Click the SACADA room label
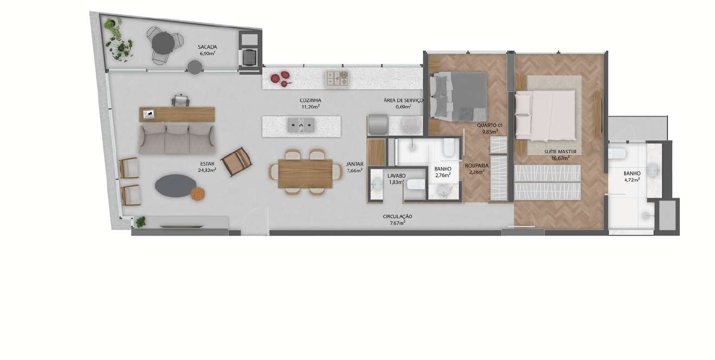[x=207, y=47]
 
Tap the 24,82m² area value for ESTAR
[x=207, y=170]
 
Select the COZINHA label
[x=310, y=101]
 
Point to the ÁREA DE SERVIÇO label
[x=403, y=101]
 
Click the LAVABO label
[x=396, y=176]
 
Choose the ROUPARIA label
[x=477, y=166]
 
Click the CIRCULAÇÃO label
[x=398, y=217]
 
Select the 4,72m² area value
[x=632, y=180]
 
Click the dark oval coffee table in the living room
[x=175, y=186]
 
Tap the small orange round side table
[x=198, y=194]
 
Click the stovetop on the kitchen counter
[x=336, y=78]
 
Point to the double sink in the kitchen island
[x=301, y=125]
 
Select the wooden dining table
[x=305, y=174]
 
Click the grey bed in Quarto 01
[x=458, y=97]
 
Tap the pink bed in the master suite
[x=545, y=115]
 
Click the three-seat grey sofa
[x=177, y=139]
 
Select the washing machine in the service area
[x=378, y=125]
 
